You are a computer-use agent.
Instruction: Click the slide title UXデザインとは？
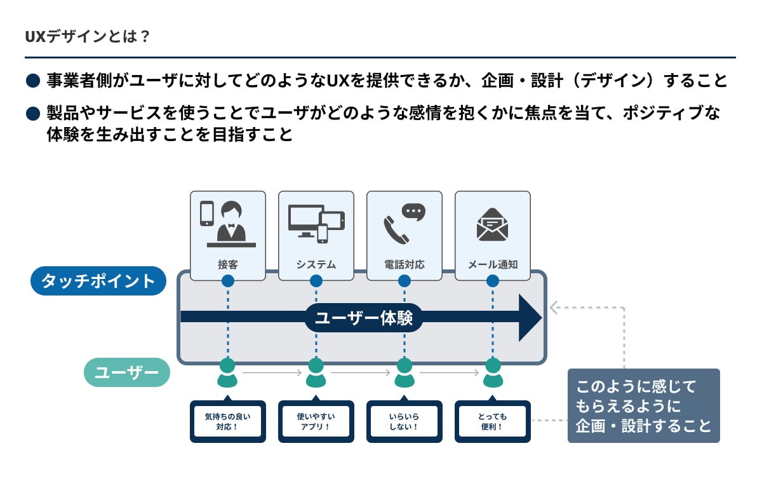87,36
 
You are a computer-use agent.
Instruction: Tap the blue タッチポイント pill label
98,281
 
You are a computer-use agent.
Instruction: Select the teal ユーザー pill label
126,372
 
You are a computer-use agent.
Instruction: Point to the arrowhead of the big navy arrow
530,317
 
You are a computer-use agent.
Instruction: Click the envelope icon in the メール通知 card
492,224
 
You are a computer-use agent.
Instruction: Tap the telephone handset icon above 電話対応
396,229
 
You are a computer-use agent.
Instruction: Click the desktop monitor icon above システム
305,219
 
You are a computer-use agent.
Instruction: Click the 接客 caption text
227,264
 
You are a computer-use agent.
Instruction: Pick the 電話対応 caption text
404,264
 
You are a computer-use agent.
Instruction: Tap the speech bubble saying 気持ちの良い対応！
227,421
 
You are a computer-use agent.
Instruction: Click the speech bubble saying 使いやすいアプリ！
316,421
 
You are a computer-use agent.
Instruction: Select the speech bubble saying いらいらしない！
404,421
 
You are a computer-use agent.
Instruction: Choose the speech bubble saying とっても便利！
492,421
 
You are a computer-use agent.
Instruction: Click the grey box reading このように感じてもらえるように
643,405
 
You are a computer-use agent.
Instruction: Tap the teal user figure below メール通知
493,373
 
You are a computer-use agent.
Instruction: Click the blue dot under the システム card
316,280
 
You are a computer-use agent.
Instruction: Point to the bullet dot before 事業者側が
33,81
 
